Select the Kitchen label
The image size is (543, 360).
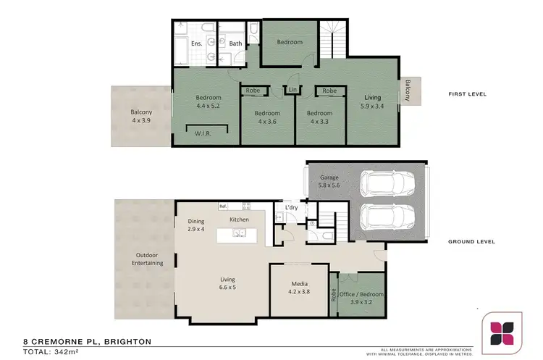240,219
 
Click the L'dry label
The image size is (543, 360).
292,208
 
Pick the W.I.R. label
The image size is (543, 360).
203,133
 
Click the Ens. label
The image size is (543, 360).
196,43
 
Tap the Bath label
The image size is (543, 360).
236,43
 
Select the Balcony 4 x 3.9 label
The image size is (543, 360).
141,116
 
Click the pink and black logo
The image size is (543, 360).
502,332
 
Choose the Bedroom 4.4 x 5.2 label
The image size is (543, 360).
209,101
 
